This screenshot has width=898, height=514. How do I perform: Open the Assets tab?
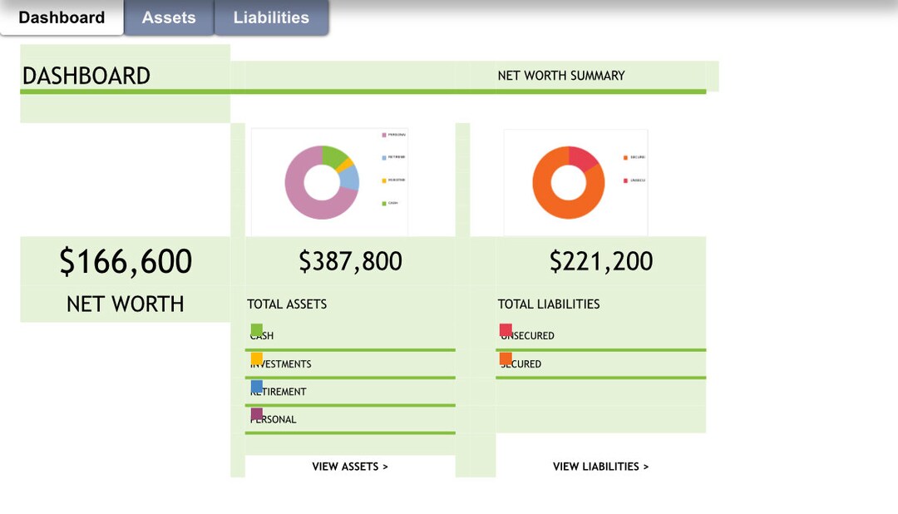point(169,17)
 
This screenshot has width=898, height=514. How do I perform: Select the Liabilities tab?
point(271,17)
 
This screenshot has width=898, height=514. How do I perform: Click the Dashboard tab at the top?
point(62,17)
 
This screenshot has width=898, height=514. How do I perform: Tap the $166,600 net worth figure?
point(126,261)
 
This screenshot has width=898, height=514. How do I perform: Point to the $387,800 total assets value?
point(350,261)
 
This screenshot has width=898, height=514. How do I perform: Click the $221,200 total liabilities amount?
point(600,261)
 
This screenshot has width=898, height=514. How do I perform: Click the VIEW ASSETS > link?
point(350,467)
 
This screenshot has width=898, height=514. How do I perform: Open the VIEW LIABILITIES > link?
point(600,467)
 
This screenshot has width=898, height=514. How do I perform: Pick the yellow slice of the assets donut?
point(348,164)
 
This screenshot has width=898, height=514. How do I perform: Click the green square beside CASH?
point(257,330)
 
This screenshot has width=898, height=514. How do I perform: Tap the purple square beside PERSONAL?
point(257,413)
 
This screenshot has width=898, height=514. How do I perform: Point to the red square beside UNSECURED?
point(506,330)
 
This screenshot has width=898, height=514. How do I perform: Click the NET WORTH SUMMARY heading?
point(561,76)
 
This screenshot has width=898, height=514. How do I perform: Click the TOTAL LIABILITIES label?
point(549,304)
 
